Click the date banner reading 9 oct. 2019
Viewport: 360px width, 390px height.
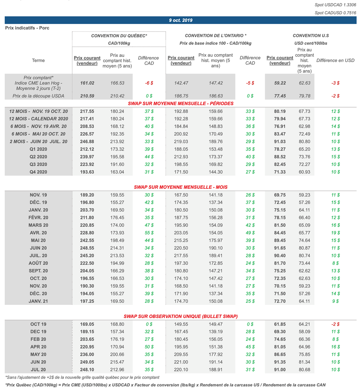[x=181, y=20]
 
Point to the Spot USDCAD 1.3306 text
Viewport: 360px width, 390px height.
[x=335, y=5]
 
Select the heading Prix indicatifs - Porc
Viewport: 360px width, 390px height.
[x=27, y=28]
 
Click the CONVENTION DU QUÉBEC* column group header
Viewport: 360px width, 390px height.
[x=119, y=36]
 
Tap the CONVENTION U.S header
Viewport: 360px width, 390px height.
[x=311, y=36]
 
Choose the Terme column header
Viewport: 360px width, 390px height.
[x=38, y=60]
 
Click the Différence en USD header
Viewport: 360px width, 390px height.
[x=335, y=60]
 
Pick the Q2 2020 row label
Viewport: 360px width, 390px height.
[x=38, y=157]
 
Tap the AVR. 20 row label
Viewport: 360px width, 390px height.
[x=38, y=233]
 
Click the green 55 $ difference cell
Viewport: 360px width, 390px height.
[x=149, y=233]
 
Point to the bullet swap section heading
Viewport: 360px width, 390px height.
[x=180, y=317]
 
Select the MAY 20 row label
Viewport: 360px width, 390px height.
[x=38, y=354]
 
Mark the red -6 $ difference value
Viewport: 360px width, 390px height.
[x=149, y=83]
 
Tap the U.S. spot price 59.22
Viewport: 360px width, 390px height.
[x=280, y=83]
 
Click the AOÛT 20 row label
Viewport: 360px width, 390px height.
[x=38, y=263]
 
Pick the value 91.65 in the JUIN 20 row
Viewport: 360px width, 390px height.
[x=280, y=248]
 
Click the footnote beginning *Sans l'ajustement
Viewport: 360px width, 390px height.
[x=82, y=377]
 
